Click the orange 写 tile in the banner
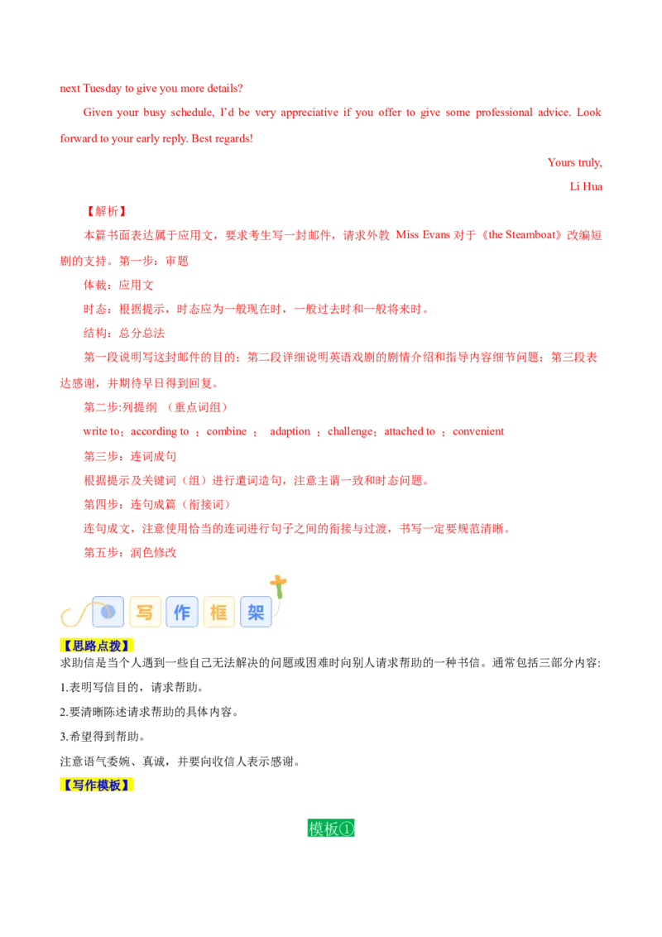(145, 612)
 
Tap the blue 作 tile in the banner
(182, 612)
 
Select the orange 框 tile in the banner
(219, 612)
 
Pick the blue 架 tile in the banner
(256, 612)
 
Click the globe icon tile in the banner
(108, 612)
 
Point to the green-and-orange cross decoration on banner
(279, 585)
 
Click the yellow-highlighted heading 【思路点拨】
(98, 646)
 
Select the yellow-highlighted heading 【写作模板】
(98, 785)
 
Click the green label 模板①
(331, 828)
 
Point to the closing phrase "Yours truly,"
(573, 162)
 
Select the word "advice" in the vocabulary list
(101, 431)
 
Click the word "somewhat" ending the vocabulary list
(479, 431)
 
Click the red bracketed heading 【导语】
(106, 212)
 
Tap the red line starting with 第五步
(128, 553)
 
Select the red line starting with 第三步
(128, 456)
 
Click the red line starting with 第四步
(155, 504)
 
